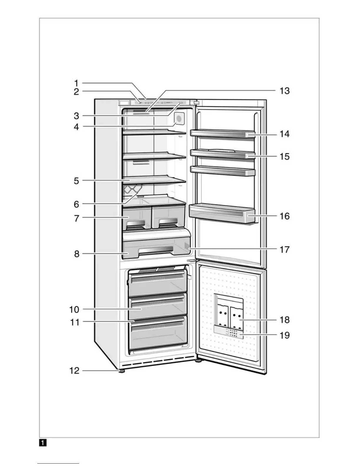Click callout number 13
[284, 91]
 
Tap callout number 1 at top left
[76, 83]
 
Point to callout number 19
[284, 335]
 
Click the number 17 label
[284, 250]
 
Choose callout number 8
[76, 254]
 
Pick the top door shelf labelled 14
[222, 134]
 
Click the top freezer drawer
[158, 284]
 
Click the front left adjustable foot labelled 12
[121, 371]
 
